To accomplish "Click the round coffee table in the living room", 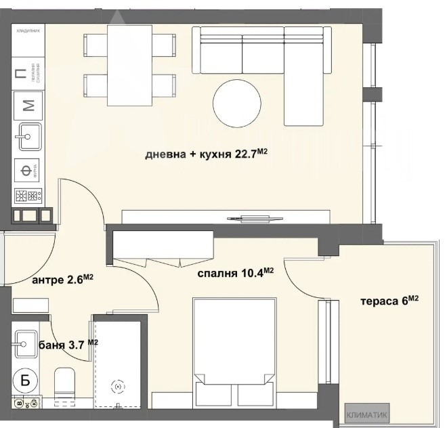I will pyautogui.click(x=236, y=104).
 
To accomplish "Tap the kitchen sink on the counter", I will pyautogui.click(x=28, y=137).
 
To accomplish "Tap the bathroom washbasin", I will pyautogui.click(x=27, y=343).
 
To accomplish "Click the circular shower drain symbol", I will pyautogui.click(x=119, y=386).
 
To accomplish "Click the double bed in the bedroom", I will pyautogui.click(x=235, y=352).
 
